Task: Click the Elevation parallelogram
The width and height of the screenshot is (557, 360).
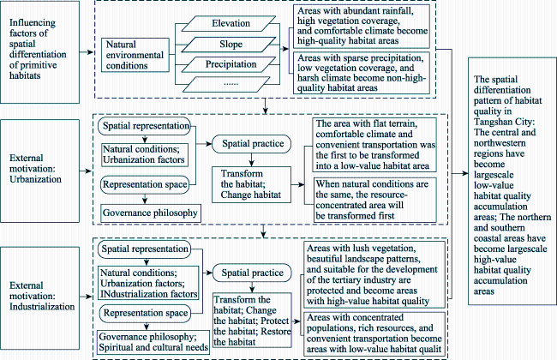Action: (x=231, y=23)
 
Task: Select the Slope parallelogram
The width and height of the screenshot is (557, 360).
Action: (x=231, y=45)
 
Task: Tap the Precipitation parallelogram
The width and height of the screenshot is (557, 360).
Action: (x=231, y=64)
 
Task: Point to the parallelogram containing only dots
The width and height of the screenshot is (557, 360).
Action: (x=231, y=84)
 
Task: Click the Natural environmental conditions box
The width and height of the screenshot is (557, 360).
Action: (x=135, y=55)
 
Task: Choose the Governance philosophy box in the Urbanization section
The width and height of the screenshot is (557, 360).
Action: (x=151, y=213)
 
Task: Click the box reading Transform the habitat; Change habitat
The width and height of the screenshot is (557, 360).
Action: (x=251, y=184)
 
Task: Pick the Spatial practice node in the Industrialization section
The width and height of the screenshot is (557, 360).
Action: (x=252, y=273)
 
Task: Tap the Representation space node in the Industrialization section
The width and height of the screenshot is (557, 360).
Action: (x=145, y=313)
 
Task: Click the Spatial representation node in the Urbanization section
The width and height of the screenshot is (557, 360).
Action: (x=145, y=126)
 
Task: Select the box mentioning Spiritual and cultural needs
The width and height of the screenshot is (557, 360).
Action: (x=153, y=342)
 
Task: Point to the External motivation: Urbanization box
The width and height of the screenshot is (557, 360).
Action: (x=39, y=171)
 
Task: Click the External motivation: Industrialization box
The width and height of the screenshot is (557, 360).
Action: (x=39, y=297)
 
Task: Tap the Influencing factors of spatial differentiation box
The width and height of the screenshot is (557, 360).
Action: (x=39, y=52)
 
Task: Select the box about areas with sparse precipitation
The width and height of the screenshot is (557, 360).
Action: (x=362, y=73)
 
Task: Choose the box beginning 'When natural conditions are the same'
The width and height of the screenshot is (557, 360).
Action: (x=375, y=200)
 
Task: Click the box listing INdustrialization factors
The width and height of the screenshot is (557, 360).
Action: (x=148, y=283)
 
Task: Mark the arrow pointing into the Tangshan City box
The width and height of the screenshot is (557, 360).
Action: (x=460, y=173)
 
